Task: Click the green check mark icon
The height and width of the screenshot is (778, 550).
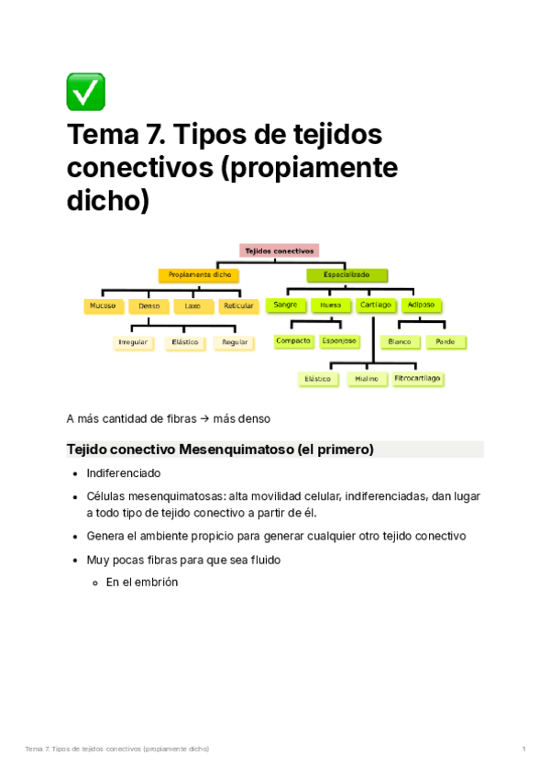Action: (x=85, y=92)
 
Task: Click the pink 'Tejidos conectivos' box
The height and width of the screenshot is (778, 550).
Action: (x=280, y=250)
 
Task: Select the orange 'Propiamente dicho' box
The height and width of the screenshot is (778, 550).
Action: (x=199, y=275)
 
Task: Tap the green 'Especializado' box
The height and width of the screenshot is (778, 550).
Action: (x=346, y=275)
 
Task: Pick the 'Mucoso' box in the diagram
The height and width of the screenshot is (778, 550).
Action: (x=102, y=306)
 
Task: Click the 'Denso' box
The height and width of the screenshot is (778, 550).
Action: (x=148, y=306)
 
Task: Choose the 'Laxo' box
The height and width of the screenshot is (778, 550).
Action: (x=192, y=306)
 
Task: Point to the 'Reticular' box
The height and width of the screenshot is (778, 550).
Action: (x=238, y=306)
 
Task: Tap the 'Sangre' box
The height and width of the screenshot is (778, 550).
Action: (x=285, y=305)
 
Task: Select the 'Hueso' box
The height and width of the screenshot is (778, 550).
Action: (x=330, y=305)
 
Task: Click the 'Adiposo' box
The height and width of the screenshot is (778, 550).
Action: (x=422, y=305)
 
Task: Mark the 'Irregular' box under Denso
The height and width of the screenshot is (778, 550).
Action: (x=133, y=342)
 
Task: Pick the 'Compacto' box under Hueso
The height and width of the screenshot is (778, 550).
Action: (x=293, y=341)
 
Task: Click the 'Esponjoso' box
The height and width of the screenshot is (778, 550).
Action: (x=338, y=341)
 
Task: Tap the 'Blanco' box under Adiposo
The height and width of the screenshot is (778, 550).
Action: (x=400, y=341)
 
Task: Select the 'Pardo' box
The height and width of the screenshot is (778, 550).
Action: (x=445, y=341)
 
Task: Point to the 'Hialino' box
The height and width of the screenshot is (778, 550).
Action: (x=367, y=378)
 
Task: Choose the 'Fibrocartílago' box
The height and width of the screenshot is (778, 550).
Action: (x=417, y=378)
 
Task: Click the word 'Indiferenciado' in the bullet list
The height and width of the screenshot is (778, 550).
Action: (x=124, y=473)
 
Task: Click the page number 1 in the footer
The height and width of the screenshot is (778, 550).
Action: (x=523, y=750)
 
